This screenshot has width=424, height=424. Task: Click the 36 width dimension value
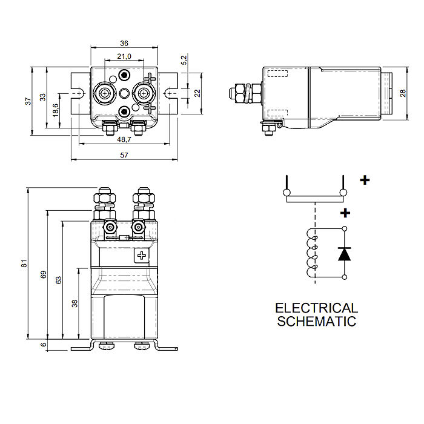coord(124,44)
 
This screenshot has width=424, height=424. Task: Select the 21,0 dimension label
coord(124,56)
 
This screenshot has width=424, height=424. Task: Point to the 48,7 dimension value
coord(124,139)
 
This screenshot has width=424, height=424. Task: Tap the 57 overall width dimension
coord(124,156)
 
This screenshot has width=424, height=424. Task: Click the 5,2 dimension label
coord(184,60)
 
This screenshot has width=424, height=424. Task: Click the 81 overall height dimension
coord(24,263)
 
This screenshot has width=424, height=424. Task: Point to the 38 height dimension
coord(75,303)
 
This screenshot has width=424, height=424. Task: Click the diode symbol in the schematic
coord(344,253)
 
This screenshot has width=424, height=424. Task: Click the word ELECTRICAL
coord(317,308)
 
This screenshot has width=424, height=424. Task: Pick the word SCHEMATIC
coord(317,321)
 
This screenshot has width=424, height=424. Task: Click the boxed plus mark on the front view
coord(142,256)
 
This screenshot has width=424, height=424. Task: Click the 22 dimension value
coord(197,93)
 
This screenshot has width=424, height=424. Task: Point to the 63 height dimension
coord(59,280)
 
